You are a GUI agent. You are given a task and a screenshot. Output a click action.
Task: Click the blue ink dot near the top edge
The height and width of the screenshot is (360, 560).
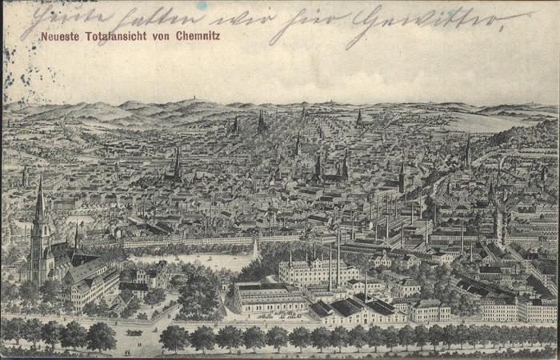201,6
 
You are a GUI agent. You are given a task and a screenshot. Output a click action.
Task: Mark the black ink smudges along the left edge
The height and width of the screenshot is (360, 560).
10,64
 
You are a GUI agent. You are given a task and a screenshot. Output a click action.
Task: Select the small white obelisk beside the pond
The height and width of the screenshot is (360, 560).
255,249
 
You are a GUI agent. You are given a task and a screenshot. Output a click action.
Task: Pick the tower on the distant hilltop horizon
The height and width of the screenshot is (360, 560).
190,101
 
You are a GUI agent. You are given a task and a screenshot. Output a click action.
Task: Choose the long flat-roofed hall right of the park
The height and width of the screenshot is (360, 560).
268,299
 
